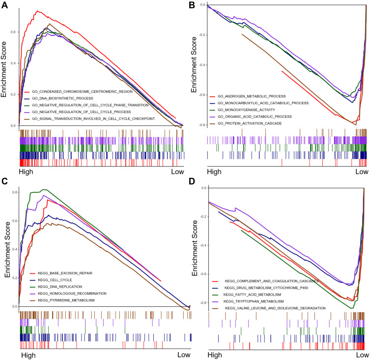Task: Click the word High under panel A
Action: (x=28, y=172)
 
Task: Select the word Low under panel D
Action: (x=362, y=355)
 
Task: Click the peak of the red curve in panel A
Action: (x=36, y=11)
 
